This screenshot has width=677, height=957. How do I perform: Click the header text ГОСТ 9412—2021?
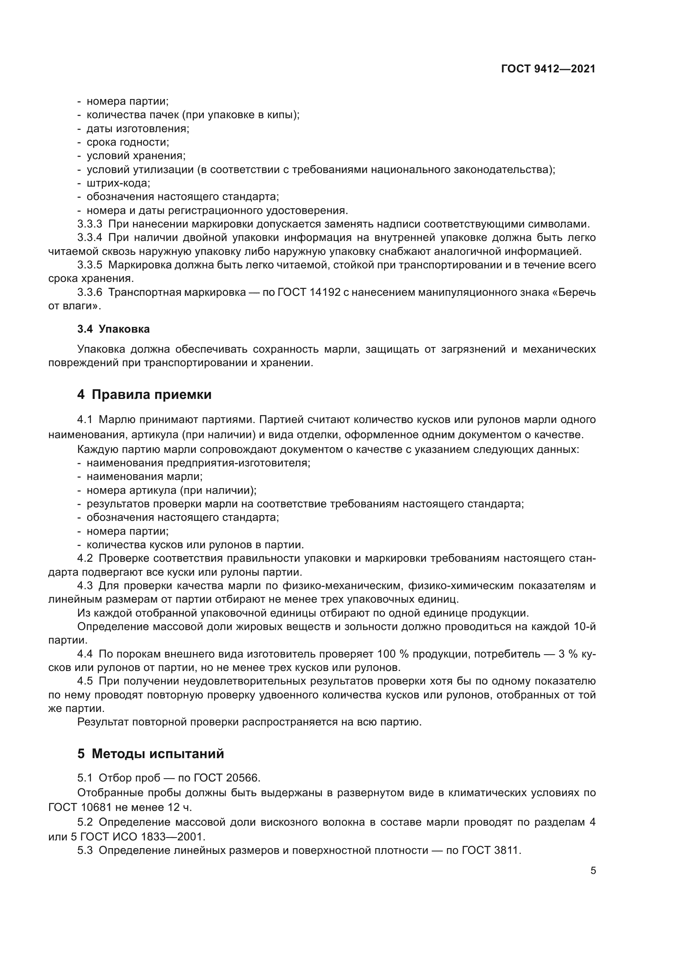pos(548,69)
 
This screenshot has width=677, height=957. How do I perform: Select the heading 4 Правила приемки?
pos(144,394)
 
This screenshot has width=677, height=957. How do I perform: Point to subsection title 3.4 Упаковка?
pos(113,329)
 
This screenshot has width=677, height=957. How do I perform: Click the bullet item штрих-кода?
pos(118,183)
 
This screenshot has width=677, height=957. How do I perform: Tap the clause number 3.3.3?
pos(90,224)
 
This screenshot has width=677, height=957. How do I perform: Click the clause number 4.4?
pos(85,653)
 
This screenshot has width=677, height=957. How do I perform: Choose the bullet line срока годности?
pos(128,142)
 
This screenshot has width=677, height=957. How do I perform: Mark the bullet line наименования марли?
pos(144,476)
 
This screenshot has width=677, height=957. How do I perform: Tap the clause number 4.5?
pos(85,681)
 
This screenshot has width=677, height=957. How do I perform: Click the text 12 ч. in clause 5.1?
pos(180,807)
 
